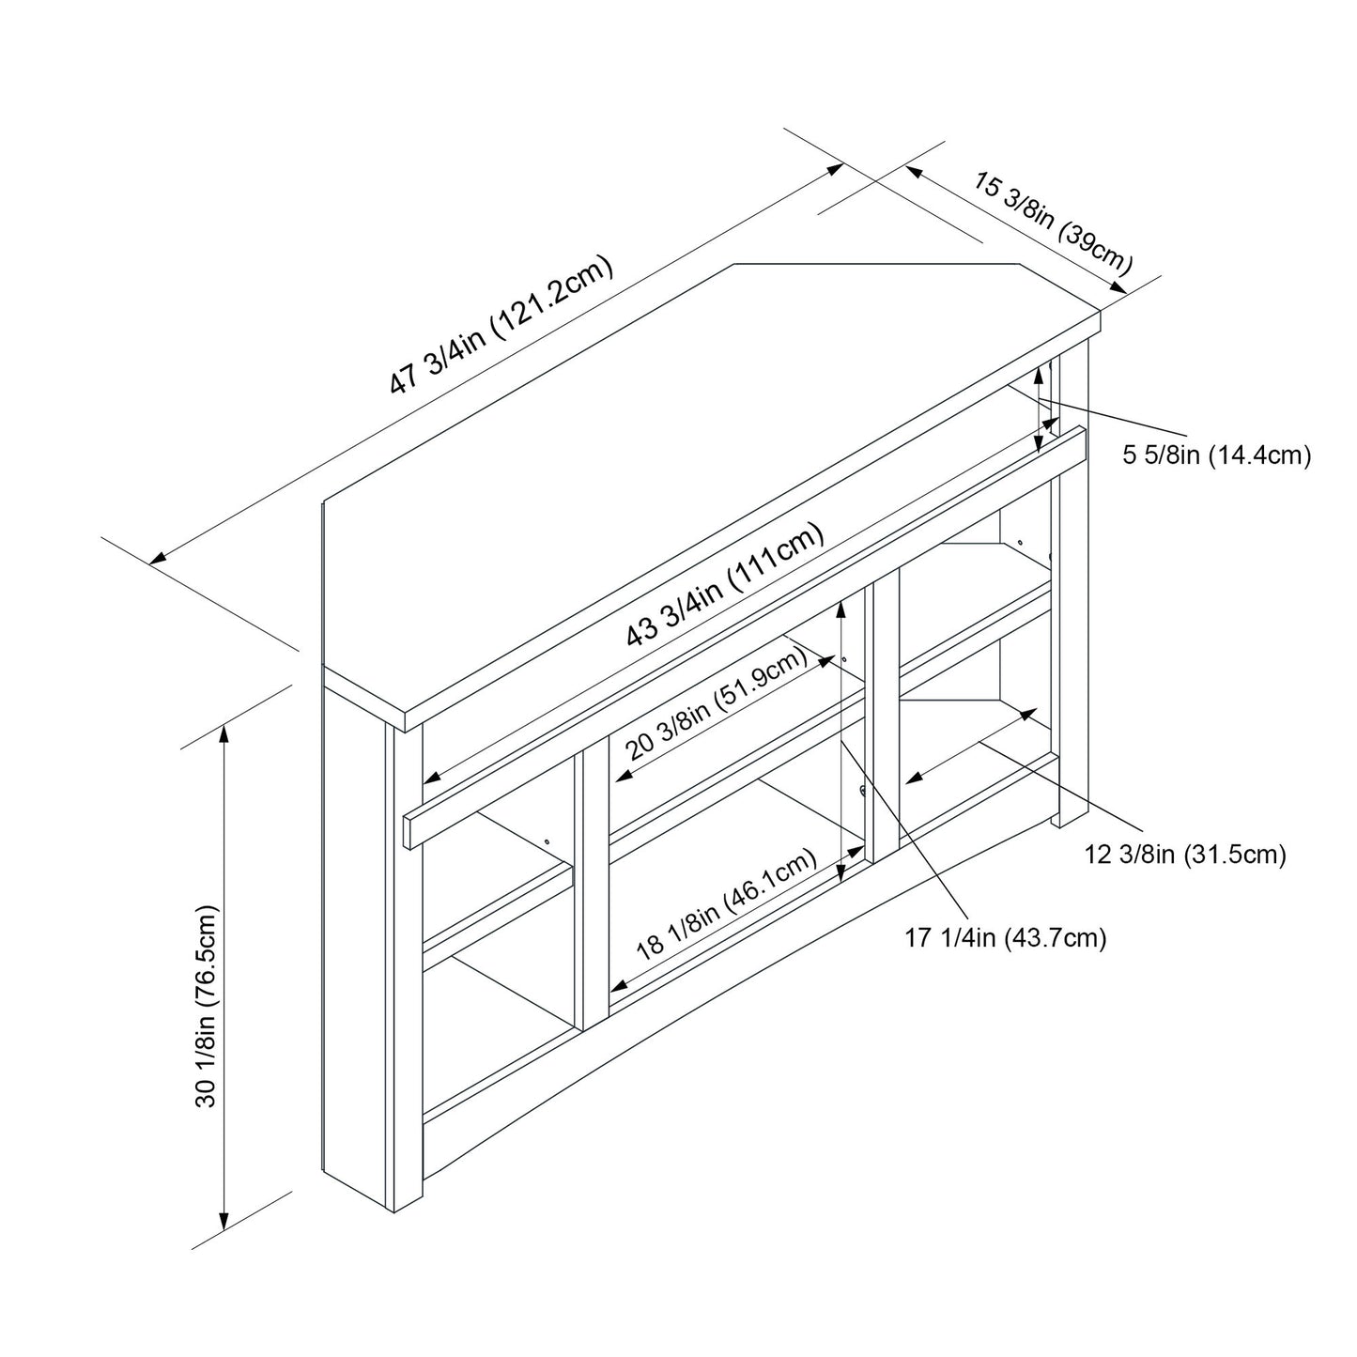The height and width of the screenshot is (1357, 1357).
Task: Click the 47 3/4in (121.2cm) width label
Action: [x=501, y=325]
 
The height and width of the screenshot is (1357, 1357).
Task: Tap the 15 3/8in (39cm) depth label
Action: [x=1052, y=220]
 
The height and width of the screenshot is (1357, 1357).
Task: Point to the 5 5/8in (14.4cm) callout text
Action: [x=1216, y=456]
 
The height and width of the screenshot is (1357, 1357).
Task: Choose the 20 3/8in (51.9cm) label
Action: [x=716, y=703]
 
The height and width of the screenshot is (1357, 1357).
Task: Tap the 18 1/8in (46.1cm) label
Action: [x=725, y=902]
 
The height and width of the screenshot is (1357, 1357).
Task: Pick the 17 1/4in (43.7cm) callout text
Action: [x=1006, y=937]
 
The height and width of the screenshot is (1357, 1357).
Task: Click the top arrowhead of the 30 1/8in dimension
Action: [x=224, y=732]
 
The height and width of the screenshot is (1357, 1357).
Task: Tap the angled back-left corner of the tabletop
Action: [x=734, y=266]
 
